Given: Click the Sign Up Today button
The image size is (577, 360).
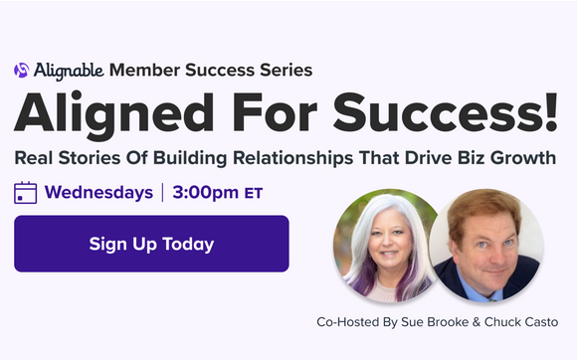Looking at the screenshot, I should click(x=151, y=244).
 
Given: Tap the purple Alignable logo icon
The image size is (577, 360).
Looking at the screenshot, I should click(x=21, y=71).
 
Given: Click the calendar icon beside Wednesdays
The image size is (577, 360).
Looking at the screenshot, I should click(x=26, y=192).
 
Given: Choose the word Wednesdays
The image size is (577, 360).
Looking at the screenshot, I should click(x=98, y=192).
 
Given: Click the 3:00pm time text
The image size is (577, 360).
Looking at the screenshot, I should click(x=204, y=192).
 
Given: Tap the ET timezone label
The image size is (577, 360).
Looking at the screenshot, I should click(x=253, y=193).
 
